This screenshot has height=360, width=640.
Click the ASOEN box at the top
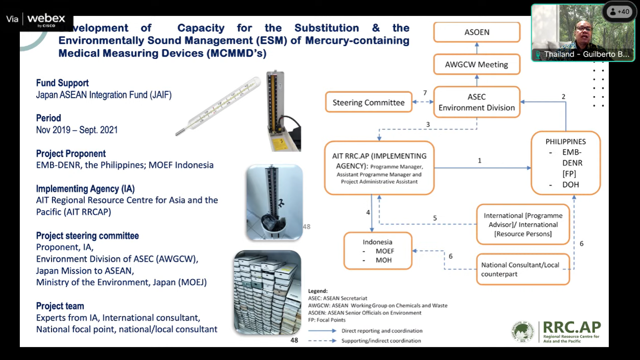[477, 32]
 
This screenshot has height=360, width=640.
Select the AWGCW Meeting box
[477, 64]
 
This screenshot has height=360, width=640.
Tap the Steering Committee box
[369, 103]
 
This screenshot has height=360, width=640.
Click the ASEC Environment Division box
[477, 102]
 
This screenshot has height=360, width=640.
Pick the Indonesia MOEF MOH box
[378, 251]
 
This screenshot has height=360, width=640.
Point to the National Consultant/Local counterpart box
[522, 269]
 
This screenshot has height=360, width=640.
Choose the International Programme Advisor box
[522, 225]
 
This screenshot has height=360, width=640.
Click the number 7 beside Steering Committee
[425, 93]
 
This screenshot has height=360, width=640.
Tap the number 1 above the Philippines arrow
[480, 161]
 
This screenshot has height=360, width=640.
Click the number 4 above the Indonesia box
[368, 212]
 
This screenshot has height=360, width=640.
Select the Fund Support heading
[63, 83]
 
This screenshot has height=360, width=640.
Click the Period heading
[49, 118]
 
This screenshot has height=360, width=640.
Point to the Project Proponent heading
[71, 154]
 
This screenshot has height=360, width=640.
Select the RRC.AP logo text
[572, 328]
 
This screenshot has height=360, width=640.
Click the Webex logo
[46, 19]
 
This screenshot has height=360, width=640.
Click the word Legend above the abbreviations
[318, 291]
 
